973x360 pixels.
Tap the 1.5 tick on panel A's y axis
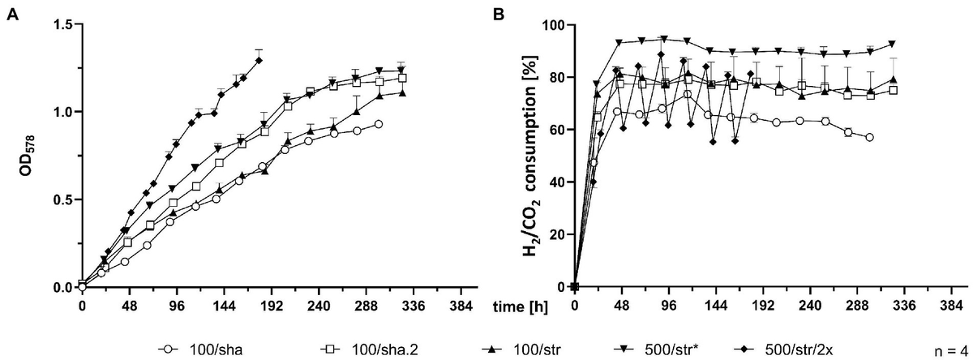tap(62, 24)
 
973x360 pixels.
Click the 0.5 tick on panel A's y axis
tap(62, 199)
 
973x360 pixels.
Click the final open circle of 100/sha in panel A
tap(379, 124)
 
